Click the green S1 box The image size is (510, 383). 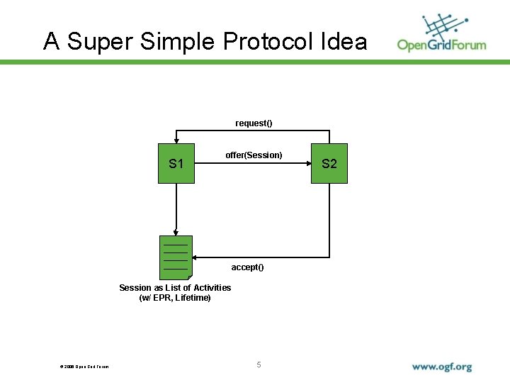[x=176, y=164]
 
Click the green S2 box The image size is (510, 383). [x=329, y=164]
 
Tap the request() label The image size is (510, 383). [x=254, y=123]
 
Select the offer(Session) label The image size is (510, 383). [x=254, y=155]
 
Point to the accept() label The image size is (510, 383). [x=247, y=267]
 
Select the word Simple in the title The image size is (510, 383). [x=177, y=41]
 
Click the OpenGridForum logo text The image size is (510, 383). [x=441, y=45]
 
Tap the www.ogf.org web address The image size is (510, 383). [x=441, y=367]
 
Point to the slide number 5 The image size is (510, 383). [x=259, y=365]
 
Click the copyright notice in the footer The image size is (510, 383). [x=84, y=367]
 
